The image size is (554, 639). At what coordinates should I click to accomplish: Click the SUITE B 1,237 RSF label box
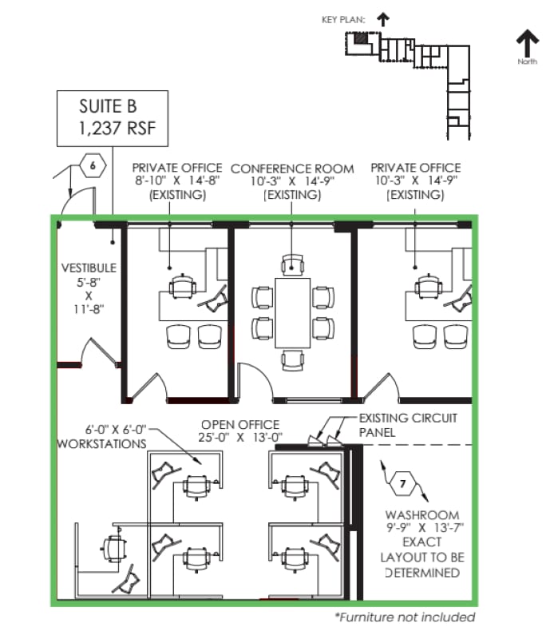pyautogui.click(x=112, y=117)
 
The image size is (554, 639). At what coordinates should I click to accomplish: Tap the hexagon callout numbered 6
pyautogui.click(x=93, y=166)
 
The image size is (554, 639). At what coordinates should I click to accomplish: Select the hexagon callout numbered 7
pyautogui.click(x=402, y=482)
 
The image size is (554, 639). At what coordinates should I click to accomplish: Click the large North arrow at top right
pyautogui.click(x=527, y=44)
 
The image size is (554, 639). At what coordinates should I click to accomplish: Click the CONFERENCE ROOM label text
pyautogui.click(x=292, y=169)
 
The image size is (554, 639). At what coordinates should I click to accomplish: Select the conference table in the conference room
pyautogui.click(x=292, y=312)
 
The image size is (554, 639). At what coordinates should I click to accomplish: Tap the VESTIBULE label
pyautogui.click(x=89, y=268)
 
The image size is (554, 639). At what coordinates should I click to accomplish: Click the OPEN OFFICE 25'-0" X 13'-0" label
pyautogui.click(x=240, y=431)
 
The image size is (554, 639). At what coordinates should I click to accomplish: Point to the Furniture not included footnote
pyautogui.click(x=405, y=617)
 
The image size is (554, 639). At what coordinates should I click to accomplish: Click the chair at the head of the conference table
pyautogui.click(x=293, y=264)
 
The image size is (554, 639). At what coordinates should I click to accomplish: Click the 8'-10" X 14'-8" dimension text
pyautogui.click(x=177, y=181)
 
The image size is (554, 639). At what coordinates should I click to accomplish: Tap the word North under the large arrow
pyautogui.click(x=527, y=62)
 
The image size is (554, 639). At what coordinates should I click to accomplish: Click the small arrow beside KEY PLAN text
pyautogui.click(x=382, y=18)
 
